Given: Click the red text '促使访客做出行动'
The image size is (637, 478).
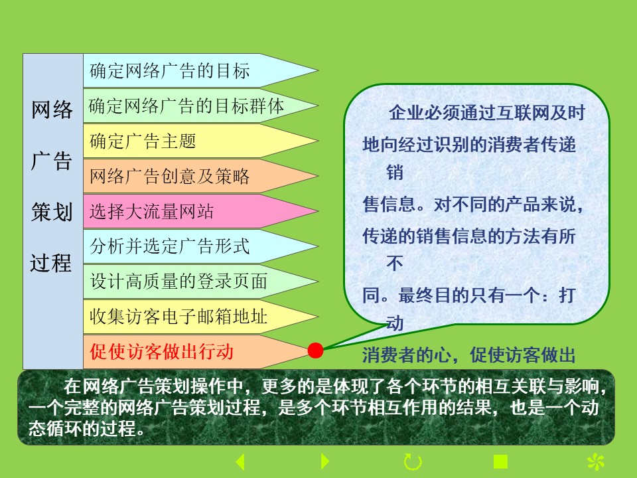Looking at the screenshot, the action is coord(161,352).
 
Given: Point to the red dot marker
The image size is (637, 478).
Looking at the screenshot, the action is coord(316,351).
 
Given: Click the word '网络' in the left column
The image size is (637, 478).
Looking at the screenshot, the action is coord(52,110).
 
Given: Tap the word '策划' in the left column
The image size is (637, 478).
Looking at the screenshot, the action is coord(52,212).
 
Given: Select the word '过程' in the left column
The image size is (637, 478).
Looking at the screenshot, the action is coord(51,263).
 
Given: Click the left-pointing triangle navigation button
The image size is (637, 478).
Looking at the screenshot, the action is coord(240,462).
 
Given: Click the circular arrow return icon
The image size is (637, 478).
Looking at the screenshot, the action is coord(413,462).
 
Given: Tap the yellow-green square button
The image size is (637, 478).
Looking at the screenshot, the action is coord(500,462).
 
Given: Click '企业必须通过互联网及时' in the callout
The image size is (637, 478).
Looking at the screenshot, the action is coord(487,113).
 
